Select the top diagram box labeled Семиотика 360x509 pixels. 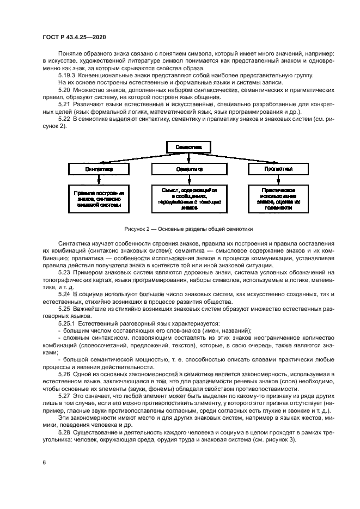188,147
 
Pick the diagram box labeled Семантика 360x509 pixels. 188,169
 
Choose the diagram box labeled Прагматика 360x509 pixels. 275,169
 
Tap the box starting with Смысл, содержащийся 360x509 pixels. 188,199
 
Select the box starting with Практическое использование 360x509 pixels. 275,199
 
